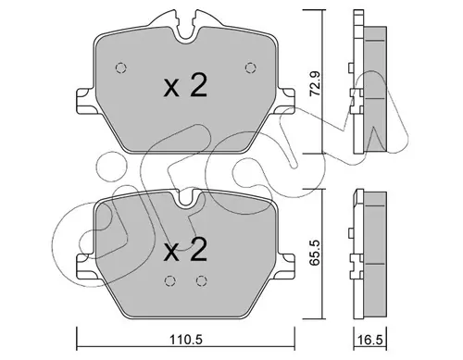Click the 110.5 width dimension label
click(x=186, y=340)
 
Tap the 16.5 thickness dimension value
click(x=370, y=340)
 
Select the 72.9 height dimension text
click(x=315, y=83)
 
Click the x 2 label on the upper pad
click(x=185, y=86)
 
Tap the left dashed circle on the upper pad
click(x=120, y=68)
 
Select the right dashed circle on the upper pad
click(x=250, y=68)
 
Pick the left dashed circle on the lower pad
click(x=169, y=280)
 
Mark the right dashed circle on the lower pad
click(x=201, y=280)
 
